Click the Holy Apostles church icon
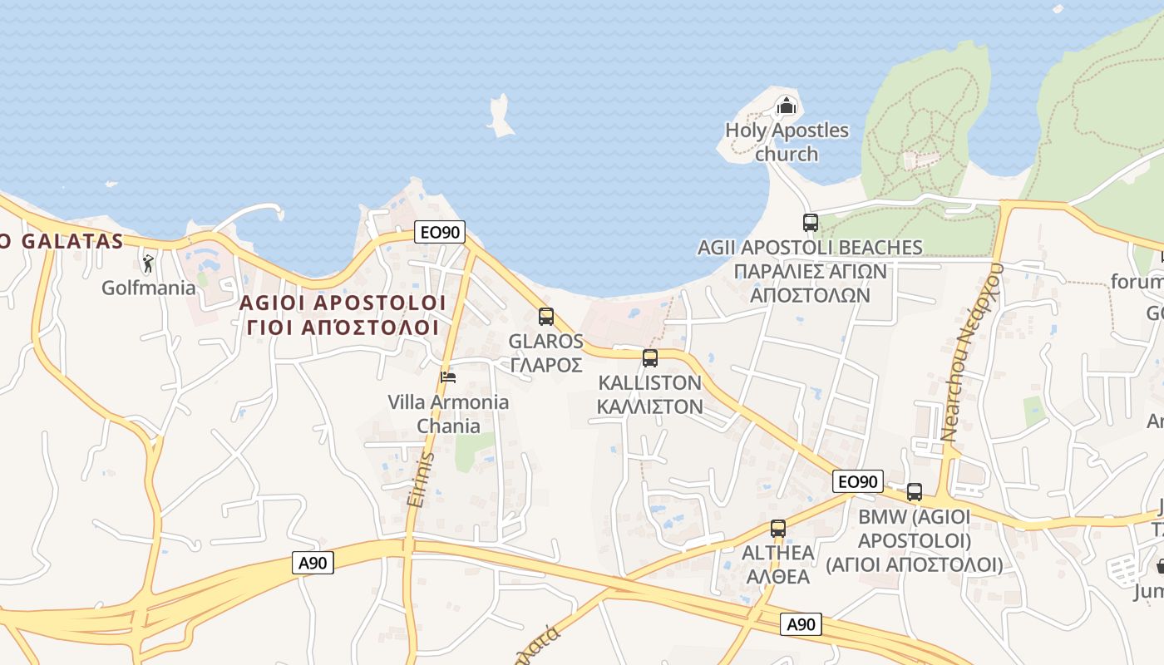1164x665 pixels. pos(786,106)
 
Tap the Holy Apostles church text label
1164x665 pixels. pos(787,142)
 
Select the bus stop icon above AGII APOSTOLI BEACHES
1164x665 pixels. pos(811,222)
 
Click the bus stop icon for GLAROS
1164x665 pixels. pos(546,316)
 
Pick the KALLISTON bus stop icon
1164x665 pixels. pos(650,358)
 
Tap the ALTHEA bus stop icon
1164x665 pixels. pos(778,528)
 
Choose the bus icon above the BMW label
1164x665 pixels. pos(915,492)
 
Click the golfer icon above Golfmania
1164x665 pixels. pos(149,264)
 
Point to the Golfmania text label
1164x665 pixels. pos(149,288)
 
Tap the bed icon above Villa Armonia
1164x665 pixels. pos(448,377)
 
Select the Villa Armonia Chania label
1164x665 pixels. pos(448,414)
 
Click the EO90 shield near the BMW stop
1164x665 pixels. pos(858,481)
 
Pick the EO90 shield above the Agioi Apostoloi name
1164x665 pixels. pos(440,232)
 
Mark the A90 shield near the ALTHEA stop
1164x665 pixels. pos(801,624)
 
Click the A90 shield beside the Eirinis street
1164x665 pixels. pos(313,563)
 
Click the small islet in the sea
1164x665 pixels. pos(500,116)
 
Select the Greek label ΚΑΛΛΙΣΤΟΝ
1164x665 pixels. pos(650,406)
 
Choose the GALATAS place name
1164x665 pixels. pos(67,242)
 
